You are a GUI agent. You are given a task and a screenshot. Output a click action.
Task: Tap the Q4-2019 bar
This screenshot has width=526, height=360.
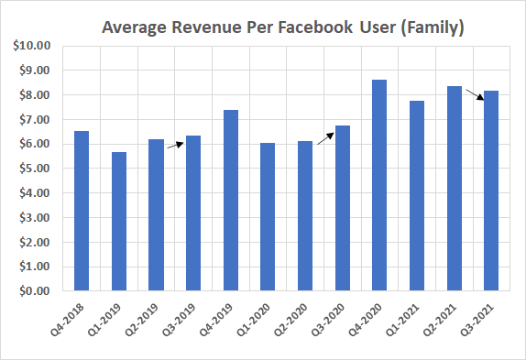point(230,201)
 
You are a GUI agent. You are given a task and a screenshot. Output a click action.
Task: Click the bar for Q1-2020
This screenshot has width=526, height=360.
point(268,217)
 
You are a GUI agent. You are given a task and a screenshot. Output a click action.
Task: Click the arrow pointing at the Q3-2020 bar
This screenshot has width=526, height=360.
point(324,137)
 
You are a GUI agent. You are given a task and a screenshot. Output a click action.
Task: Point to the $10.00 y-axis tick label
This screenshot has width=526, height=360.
point(34,46)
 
